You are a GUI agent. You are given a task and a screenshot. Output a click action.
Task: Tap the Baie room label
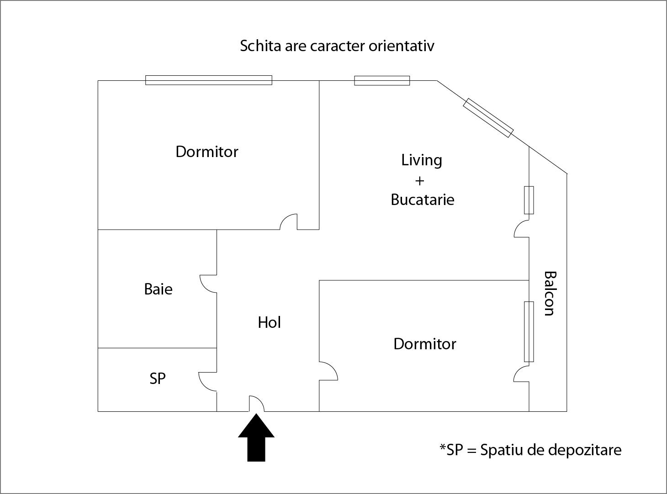click(158, 289)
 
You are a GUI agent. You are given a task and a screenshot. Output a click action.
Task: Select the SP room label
click(158, 378)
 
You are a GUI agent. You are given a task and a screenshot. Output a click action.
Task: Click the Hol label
click(269, 322)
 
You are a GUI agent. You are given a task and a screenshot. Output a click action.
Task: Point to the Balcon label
click(550, 293)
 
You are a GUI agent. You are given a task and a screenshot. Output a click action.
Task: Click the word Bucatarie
click(422, 200)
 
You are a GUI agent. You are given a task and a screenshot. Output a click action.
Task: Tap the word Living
click(422, 160)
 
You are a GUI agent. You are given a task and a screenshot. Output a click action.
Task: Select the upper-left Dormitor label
click(207, 152)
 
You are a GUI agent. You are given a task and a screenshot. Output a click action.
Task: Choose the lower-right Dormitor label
click(424, 344)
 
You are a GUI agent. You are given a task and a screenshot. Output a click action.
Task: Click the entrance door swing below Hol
click(256, 404)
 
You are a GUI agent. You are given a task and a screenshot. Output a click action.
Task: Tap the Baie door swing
click(209, 284)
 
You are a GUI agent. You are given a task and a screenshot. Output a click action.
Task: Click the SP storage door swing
click(208, 381)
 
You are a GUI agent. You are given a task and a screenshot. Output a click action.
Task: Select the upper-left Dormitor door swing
click(289, 222)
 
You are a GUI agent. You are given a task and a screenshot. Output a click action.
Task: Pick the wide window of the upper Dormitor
click(209, 80)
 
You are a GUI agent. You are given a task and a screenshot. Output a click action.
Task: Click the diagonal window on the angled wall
click(488, 118)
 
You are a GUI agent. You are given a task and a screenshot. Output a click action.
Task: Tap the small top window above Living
click(382, 81)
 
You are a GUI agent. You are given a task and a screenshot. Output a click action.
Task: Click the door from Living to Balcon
click(522, 229)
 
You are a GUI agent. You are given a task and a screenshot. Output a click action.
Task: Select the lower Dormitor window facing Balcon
click(529, 331)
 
